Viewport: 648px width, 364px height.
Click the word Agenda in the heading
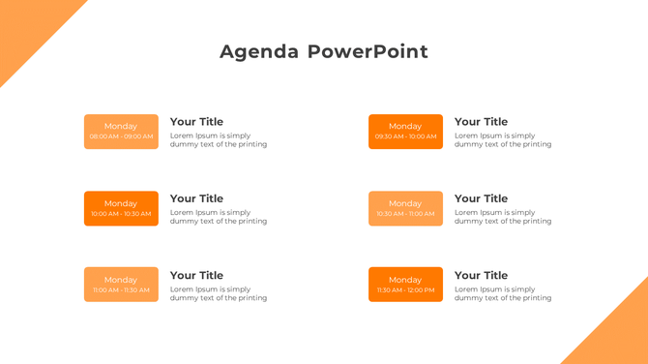pos(259,52)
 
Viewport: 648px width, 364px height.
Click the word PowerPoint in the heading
pos(368,52)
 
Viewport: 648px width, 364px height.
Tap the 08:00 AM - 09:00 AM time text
pos(121,137)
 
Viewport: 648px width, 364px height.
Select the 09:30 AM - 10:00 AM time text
pos(405,137)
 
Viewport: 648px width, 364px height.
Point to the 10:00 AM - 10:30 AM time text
pos(121,214)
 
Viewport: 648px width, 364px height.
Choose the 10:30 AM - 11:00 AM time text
pos(405,214)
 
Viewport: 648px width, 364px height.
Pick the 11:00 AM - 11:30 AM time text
pos(121,290)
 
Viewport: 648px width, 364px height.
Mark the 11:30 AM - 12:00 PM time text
pos(405,290)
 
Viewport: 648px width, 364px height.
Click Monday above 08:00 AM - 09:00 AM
pos(121,126)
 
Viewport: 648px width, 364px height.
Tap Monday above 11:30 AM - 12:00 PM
pos(405,280)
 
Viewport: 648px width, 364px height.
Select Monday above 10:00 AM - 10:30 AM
pos(121,203)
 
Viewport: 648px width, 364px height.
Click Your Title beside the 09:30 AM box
pos(481,122)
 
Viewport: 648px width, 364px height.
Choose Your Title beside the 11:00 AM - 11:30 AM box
pos(196,276)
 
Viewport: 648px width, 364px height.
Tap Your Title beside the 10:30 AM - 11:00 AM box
pos(481,198)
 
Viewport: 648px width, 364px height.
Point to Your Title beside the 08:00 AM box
pos(196,122)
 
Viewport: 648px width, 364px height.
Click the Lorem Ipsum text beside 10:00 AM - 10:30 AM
pos(219,217)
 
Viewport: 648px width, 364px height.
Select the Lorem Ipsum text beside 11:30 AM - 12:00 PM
pos(503,293)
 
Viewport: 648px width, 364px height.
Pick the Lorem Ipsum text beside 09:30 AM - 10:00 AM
pos(503,140)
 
